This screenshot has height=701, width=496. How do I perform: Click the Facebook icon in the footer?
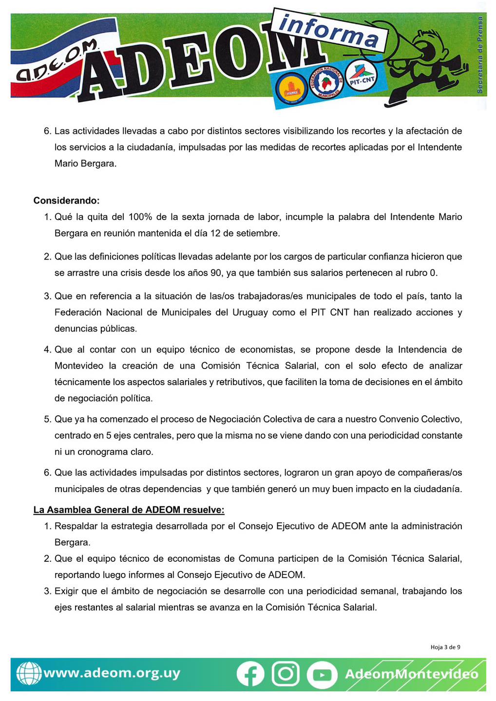tap(250, 674)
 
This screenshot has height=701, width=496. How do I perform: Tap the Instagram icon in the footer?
tap(286, 674)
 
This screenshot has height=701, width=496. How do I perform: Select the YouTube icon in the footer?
tap(322, 675)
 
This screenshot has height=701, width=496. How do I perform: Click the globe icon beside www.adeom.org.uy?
tap(28, 674)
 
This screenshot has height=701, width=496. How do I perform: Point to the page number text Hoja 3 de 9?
tap(445, 647)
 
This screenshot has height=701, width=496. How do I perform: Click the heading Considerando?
tap(66, 201)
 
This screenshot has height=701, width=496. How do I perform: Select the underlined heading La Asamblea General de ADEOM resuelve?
tap(129, 510)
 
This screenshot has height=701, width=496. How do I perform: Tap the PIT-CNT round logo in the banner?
tap(362, 80)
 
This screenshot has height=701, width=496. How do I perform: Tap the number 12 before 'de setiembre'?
tap(215, 233)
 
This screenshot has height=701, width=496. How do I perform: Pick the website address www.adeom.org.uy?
tap(112, 673)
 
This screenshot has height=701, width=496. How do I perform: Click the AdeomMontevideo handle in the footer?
tap(411, 674)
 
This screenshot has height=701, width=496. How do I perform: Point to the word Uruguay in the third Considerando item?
tap(250, 312)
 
